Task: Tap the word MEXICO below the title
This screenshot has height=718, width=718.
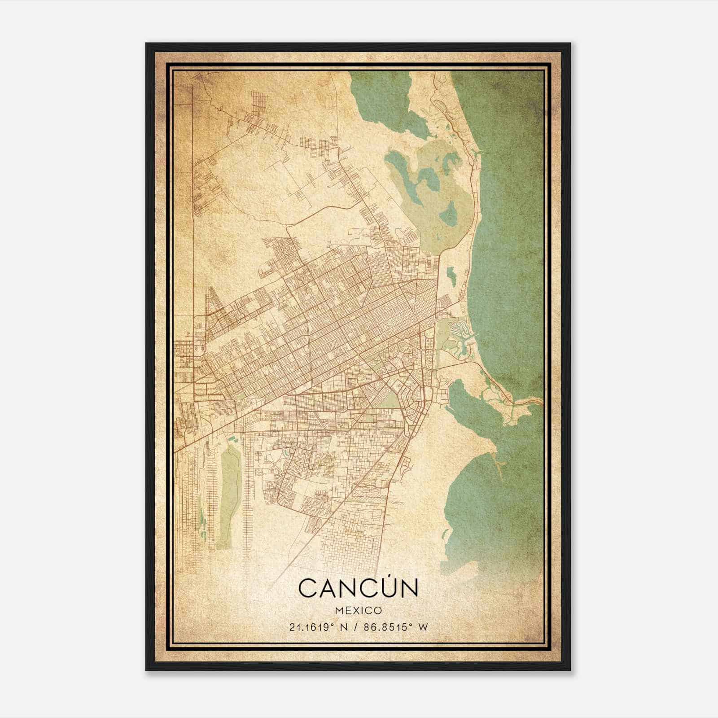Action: (358, 610)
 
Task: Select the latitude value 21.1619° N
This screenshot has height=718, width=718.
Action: (318, 627)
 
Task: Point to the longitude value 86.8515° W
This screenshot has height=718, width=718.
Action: (396, 627)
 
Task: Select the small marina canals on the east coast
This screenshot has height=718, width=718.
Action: (458, 332)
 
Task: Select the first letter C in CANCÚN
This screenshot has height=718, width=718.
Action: (308, 588)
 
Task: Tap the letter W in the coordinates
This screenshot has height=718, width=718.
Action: (423, 627)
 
